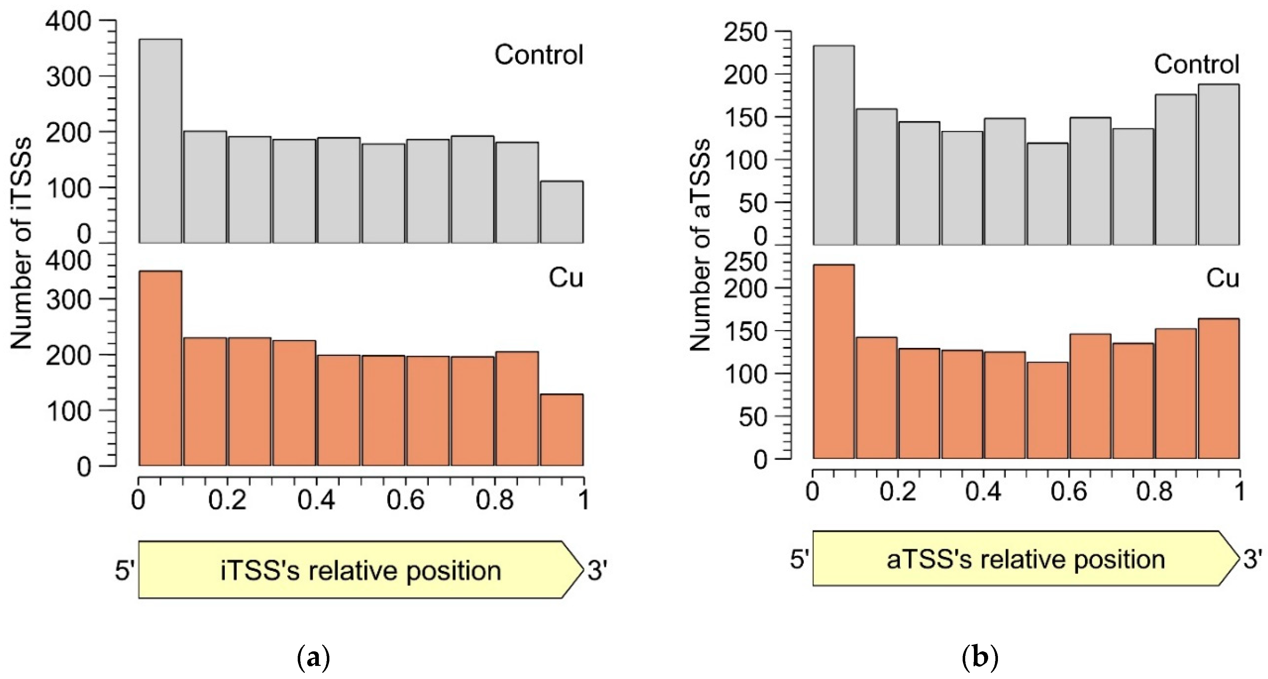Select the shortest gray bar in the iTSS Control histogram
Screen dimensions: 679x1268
[562, 212]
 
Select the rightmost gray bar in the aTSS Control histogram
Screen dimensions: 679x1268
[1219, 164]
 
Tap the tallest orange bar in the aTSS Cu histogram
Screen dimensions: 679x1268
[833, 362]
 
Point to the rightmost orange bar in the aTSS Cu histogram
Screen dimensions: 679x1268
[1219, 389]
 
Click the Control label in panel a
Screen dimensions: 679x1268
[539, 55]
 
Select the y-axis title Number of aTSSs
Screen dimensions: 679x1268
[700, 245]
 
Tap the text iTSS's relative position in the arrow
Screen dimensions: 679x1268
[360, 571]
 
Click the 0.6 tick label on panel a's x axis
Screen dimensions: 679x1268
[405, 500]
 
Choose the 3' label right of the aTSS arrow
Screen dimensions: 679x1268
[1253, 559]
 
